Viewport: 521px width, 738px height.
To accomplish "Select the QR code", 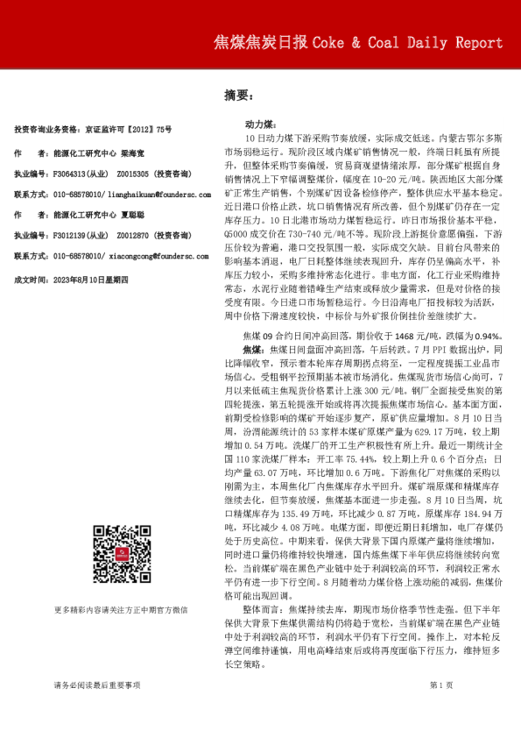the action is point(120,550).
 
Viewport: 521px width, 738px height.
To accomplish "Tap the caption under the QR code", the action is point(121,610).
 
